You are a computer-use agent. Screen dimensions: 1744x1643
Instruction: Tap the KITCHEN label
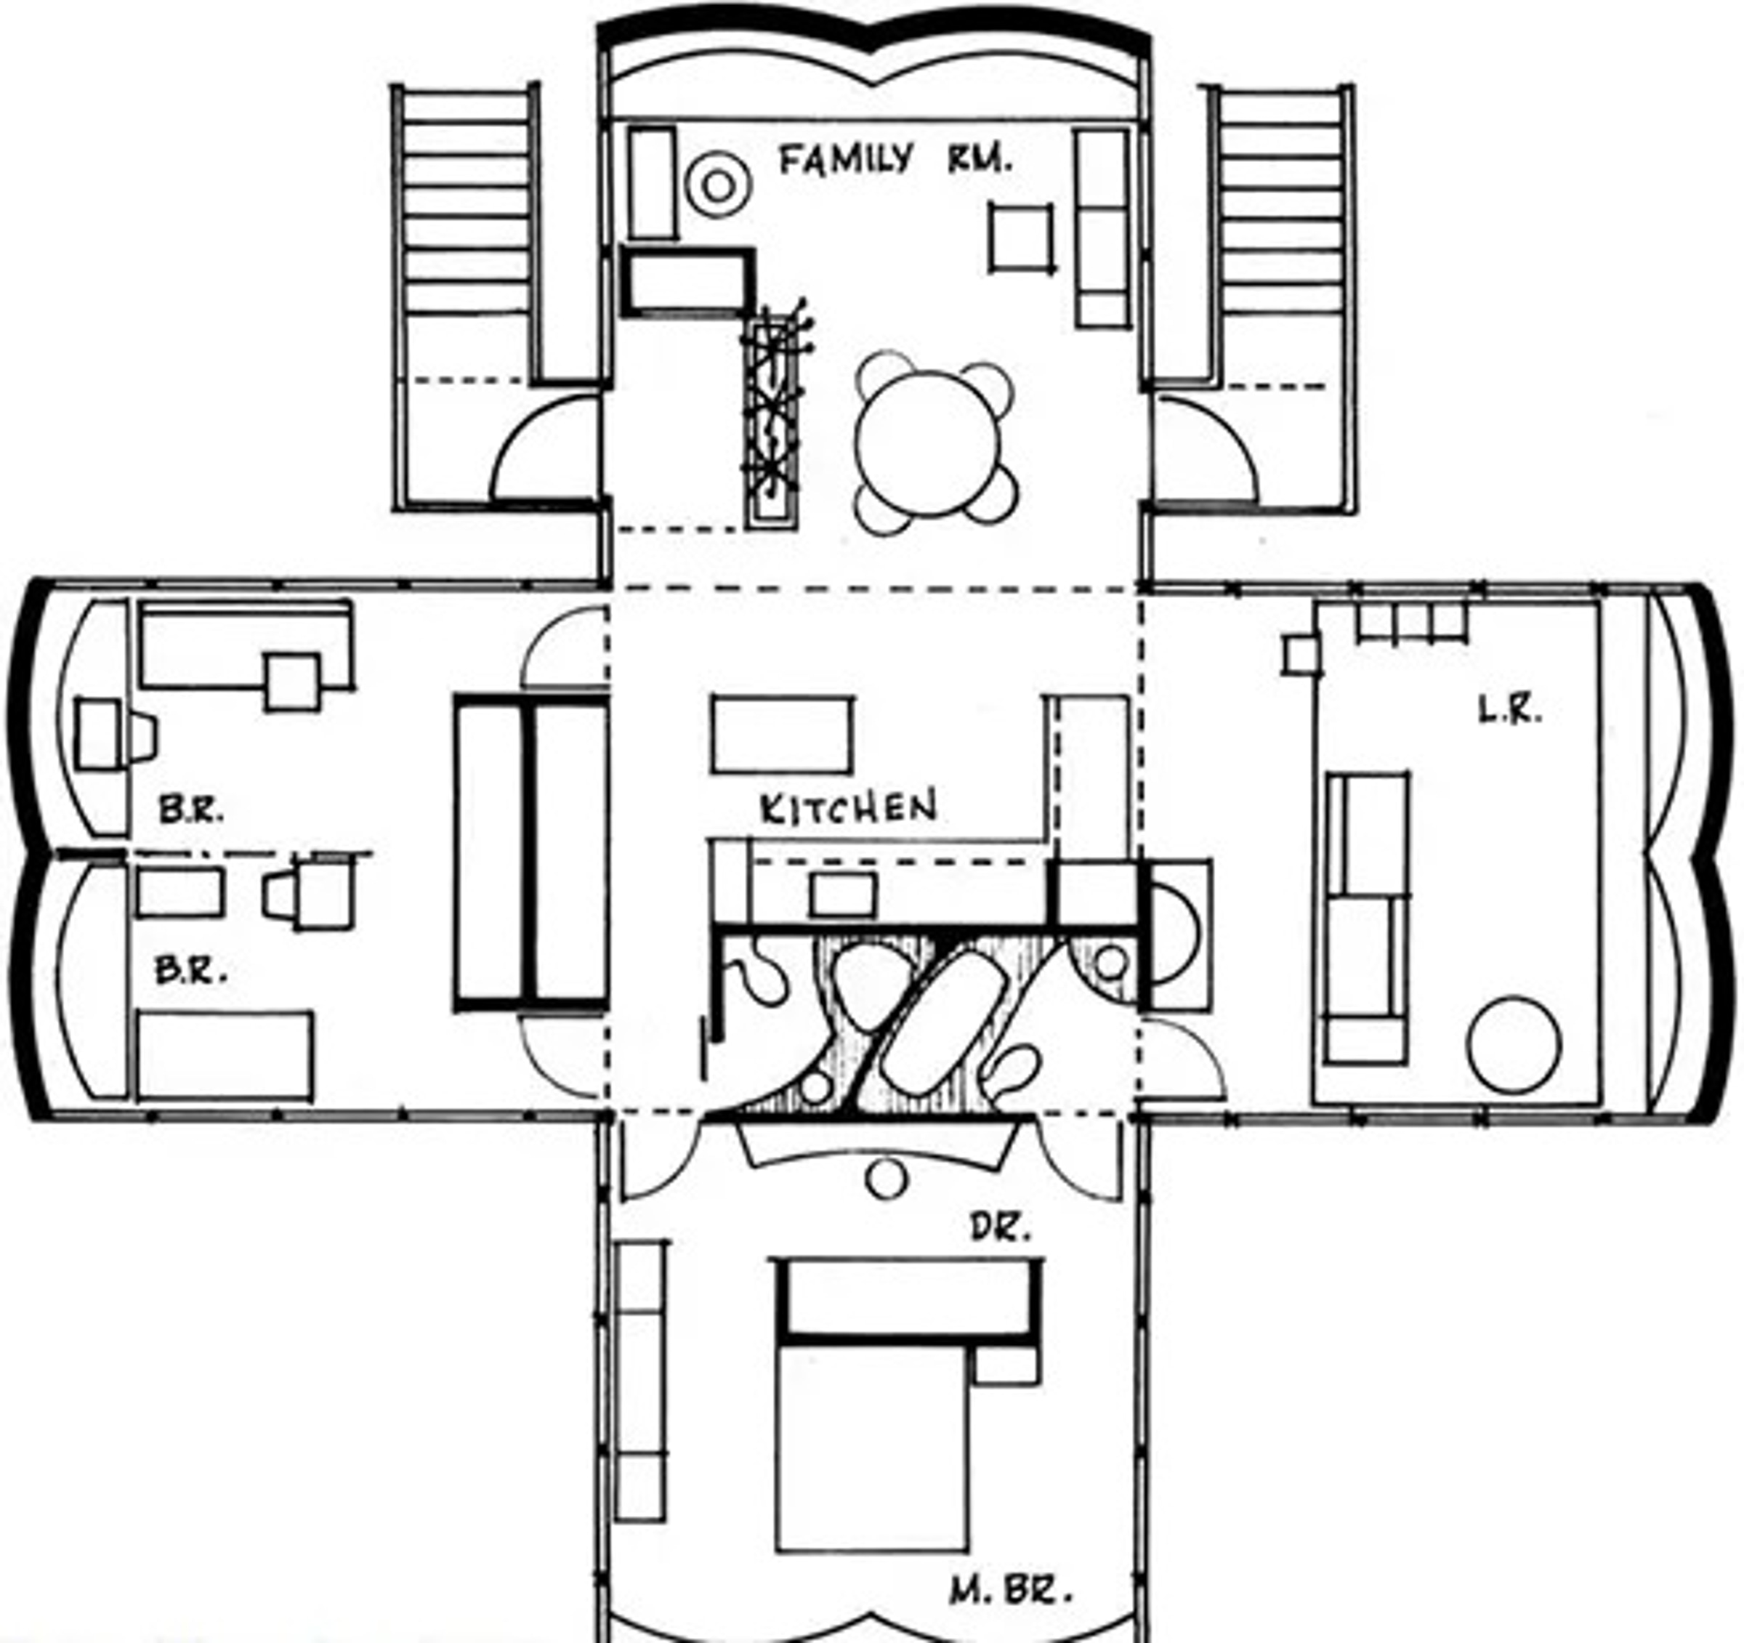pos(847,807)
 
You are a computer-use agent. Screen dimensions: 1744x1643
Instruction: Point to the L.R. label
pos(1510,711)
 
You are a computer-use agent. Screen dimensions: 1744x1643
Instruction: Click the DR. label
pos(999,1229)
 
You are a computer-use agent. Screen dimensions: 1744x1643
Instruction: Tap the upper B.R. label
pos(191,809)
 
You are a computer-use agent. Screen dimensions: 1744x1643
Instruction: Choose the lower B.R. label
pos(191,970)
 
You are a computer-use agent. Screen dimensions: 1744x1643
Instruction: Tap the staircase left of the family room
pos(466,233)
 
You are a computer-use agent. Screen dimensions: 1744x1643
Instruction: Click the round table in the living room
pos(1513,1044)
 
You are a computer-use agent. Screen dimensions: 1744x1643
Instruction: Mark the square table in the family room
pos(1021,237)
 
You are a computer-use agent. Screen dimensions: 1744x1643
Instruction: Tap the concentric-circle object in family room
pos(719,185)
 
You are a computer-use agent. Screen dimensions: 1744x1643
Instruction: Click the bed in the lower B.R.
pos(225,1055)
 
